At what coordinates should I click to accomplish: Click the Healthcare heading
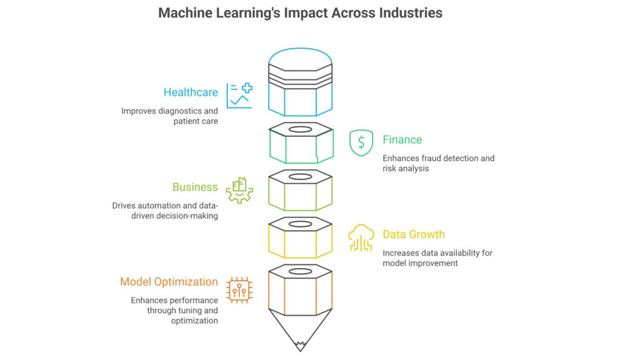point(191,92)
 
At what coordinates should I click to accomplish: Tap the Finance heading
point(402,140)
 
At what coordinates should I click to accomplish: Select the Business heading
point(195,187)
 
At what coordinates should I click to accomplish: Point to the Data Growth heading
point(414,234)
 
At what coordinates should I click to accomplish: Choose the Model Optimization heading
point(169,282)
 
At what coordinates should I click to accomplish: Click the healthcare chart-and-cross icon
point(239,96)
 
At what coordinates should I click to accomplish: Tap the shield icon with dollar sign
point(361,142)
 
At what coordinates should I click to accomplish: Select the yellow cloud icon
point(361,237)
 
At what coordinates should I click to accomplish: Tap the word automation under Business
point(162,206)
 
